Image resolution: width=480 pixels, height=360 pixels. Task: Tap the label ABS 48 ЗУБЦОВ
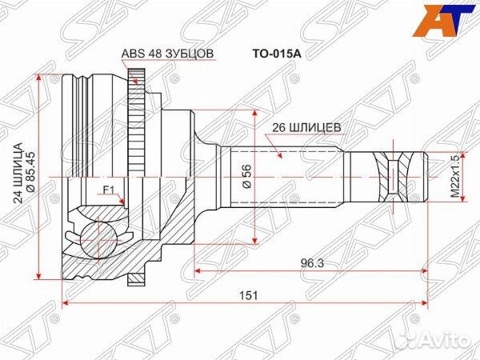point(167,54)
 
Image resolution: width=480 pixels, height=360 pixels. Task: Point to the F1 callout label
point(109,190)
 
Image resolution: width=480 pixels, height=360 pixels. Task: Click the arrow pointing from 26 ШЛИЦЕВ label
point(275,147)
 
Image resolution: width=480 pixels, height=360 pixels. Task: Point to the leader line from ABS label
point(138,70)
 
